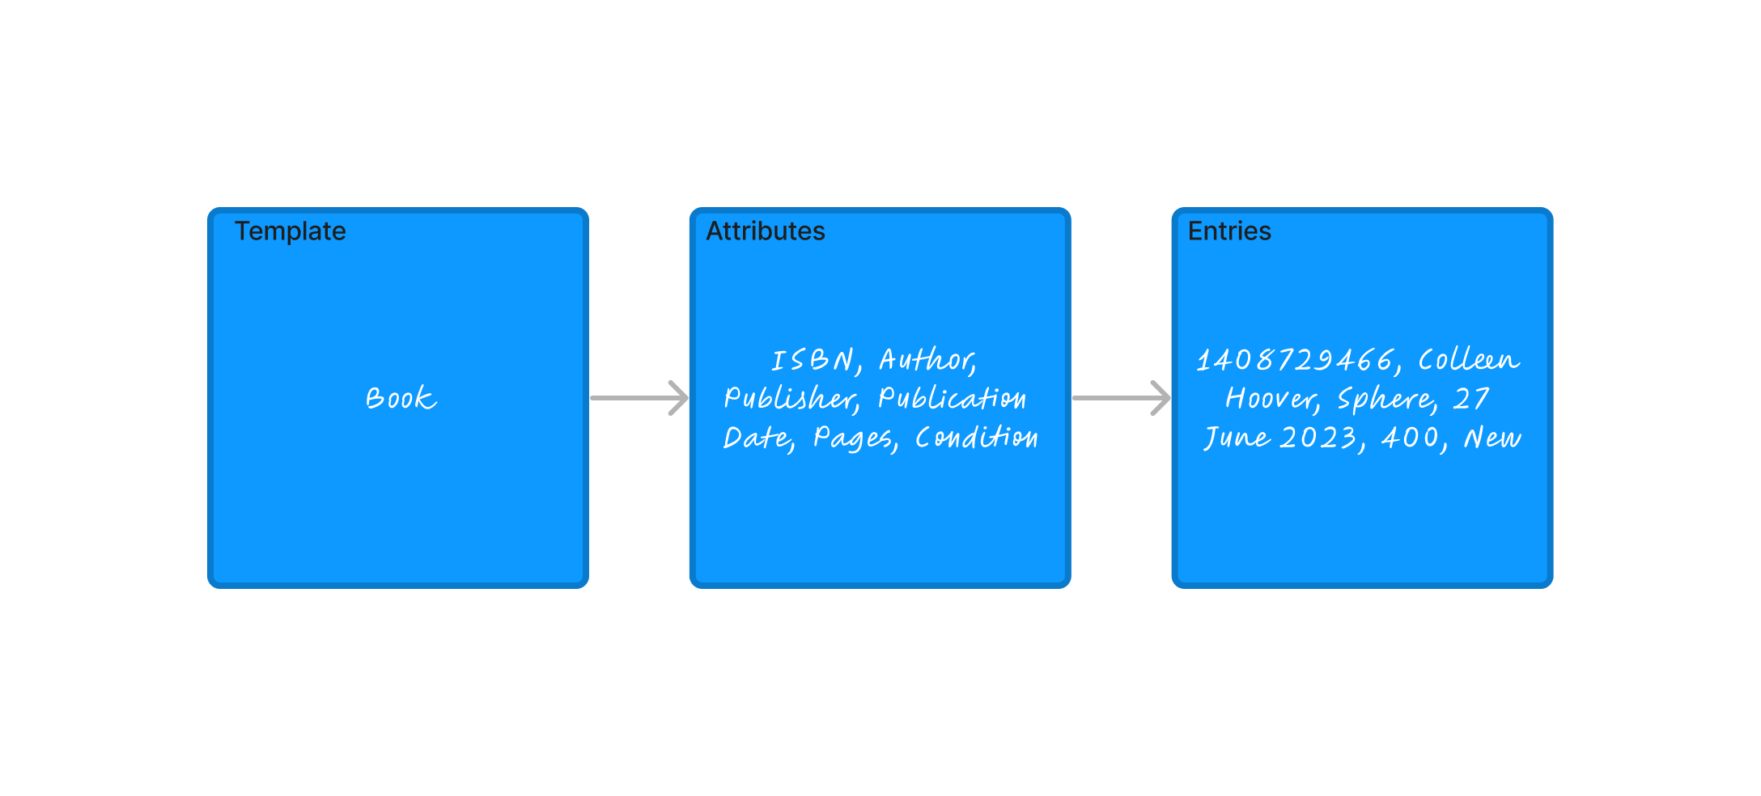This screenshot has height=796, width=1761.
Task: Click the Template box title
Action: (x=290, y=231)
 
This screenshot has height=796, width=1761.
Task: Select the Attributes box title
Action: (x=765, y=231)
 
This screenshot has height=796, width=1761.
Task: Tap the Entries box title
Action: (x=1228, y=231)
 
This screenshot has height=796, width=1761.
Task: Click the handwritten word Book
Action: (x=401, y=398)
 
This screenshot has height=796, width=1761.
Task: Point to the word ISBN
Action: (x=813, y=360)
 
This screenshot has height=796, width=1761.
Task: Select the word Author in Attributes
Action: (x=927, y=360)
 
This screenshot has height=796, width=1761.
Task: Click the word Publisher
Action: (x=790, y=398)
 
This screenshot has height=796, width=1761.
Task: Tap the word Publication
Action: (x=952, y=398)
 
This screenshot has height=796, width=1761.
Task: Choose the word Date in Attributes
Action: (x=757, y=438)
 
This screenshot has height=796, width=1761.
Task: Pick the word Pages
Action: (x=854, y=438)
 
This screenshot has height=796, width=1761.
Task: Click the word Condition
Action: (x=976, y=438)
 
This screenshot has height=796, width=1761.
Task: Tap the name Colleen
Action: (x=1469, y=360)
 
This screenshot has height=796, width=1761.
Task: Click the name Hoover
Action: (x=1271, y=398)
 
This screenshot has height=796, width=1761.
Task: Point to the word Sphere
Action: (x=1385, y=398)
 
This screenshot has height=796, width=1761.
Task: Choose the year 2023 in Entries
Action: (x=1319, y=438)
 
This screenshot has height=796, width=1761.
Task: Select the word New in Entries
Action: (x=1492, y=438)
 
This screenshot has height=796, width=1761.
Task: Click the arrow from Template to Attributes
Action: (x=639, y=398)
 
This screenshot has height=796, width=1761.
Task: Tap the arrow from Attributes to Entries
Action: (x=1121, y=398)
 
